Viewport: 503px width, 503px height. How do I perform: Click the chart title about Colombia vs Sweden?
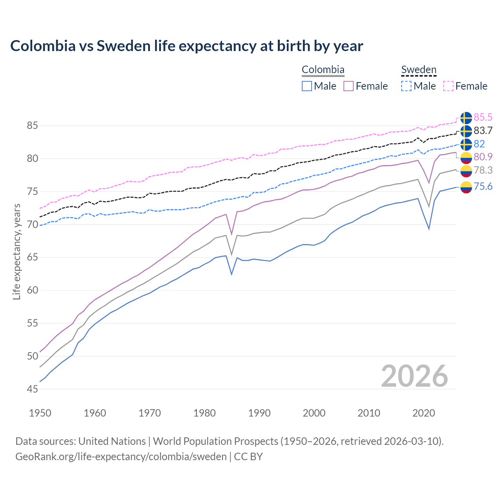[187, 46]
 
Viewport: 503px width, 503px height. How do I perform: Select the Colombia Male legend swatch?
[307, 86]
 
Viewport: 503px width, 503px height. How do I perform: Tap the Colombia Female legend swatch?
[349, 86]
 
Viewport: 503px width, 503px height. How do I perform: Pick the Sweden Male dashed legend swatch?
[406, 86]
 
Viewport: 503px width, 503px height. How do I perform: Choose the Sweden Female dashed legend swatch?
[448, 86]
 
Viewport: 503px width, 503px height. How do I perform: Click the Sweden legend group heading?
[419, 70]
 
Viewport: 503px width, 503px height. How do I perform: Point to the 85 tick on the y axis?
[32, 126]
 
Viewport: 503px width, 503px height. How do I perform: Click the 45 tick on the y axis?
[32, 389]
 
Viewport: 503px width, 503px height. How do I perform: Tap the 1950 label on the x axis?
[40, 413]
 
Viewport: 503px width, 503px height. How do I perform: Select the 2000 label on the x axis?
[314, 413]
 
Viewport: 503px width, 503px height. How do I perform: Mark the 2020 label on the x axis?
[424, 413]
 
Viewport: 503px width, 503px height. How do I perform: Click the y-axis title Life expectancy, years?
[17, 251]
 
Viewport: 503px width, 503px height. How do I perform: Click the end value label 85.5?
[483, 117]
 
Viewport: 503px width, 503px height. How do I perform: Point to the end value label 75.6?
[483, 187]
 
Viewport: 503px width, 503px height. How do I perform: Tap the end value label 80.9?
[483, 157]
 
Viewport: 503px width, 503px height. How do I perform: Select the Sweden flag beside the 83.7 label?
[466, 131]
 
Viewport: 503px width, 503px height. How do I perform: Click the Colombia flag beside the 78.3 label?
[466, 171]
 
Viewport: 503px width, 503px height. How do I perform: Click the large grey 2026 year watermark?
[415, 376]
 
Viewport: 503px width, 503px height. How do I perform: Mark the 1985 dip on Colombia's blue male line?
[231, 274]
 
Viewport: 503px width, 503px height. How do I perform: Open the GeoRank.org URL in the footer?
[121, 457]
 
